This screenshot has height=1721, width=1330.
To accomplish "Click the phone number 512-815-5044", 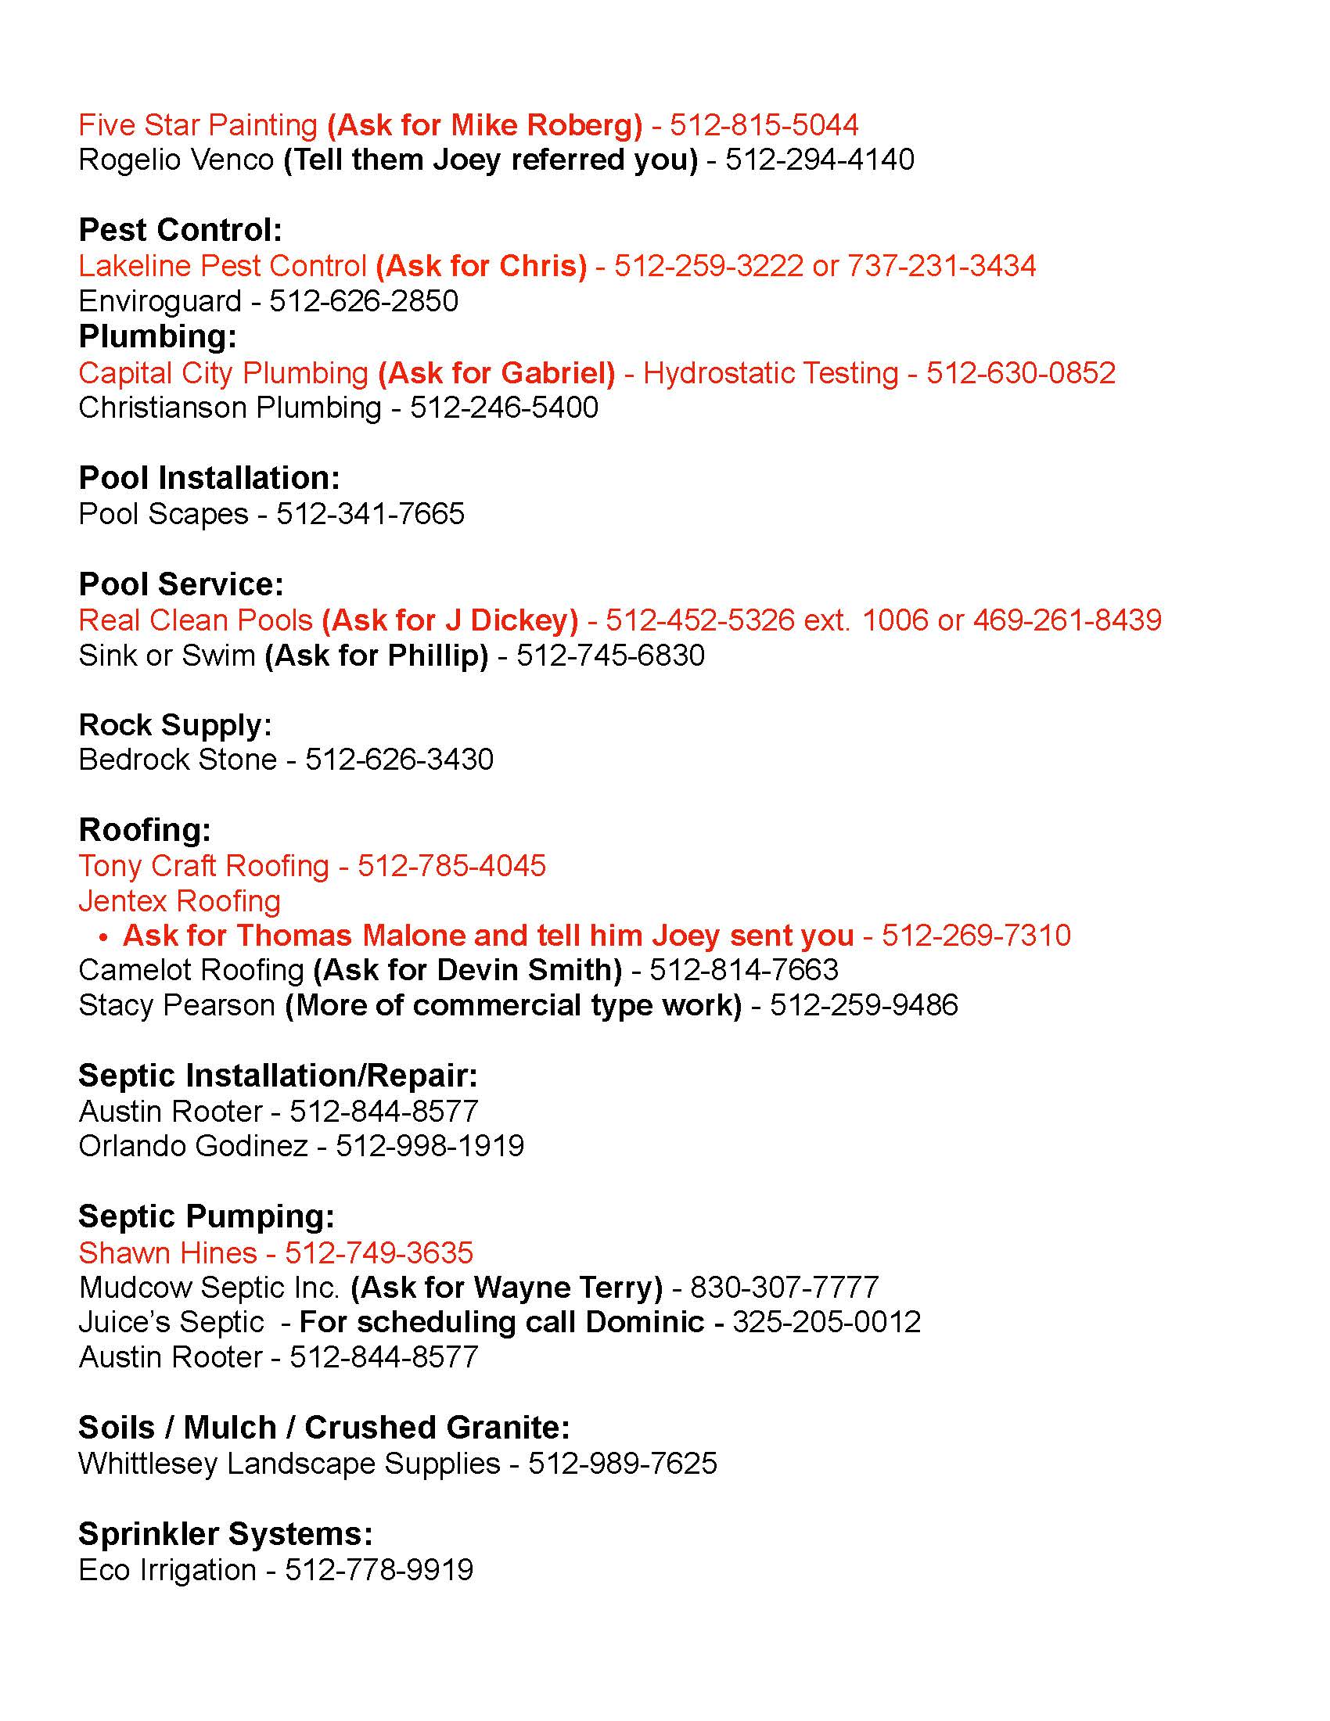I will coord(764,125).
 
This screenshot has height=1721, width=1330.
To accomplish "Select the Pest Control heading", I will coord(181,230).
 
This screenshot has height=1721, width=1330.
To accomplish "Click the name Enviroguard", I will coord(160,302).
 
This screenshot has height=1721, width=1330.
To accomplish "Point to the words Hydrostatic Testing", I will coord(771,372).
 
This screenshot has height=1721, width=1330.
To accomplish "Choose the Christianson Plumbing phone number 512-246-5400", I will coord(505,408).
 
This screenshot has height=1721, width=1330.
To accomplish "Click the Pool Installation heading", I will coord(210,478).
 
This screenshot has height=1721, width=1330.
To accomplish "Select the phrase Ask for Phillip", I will coord(376,656).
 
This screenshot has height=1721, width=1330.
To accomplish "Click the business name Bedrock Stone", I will coord(178,760).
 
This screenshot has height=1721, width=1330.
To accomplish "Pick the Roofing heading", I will coord(145,830).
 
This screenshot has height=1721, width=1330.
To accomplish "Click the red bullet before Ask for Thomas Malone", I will coord(102,937).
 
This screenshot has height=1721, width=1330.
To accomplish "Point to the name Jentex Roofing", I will coord(180,900).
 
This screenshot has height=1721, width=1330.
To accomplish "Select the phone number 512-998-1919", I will coord(430,1146).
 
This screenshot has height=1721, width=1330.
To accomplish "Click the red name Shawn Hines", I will coord(168,1253).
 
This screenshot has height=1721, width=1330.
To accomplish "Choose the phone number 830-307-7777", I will coord(784,1288).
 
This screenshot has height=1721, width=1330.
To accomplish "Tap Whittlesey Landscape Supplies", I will coord(289,1464).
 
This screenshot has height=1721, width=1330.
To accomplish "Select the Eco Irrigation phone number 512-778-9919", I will coord(379,1571).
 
